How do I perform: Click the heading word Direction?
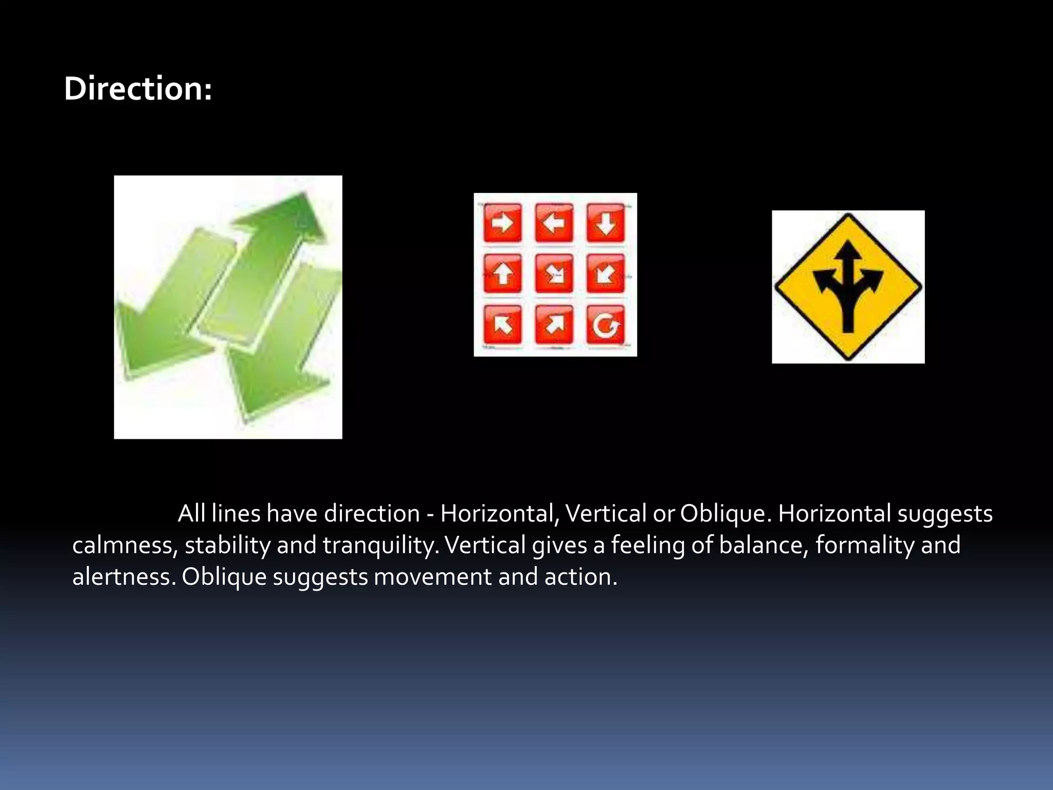(x=137, y=88)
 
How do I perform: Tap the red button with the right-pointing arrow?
(x=502, y=223)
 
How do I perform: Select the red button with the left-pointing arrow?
(x=554, y=223)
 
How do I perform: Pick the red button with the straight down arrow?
(x=606, y=223)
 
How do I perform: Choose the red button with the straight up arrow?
(x=502, y=274)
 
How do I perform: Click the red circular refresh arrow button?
(x=606, y=325)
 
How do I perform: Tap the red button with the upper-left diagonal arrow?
(x=502, y=325)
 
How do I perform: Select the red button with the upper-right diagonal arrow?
(x=554, y=325)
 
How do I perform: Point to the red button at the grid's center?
(x=554, y=274)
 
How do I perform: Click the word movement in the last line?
(x=432, y=577)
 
